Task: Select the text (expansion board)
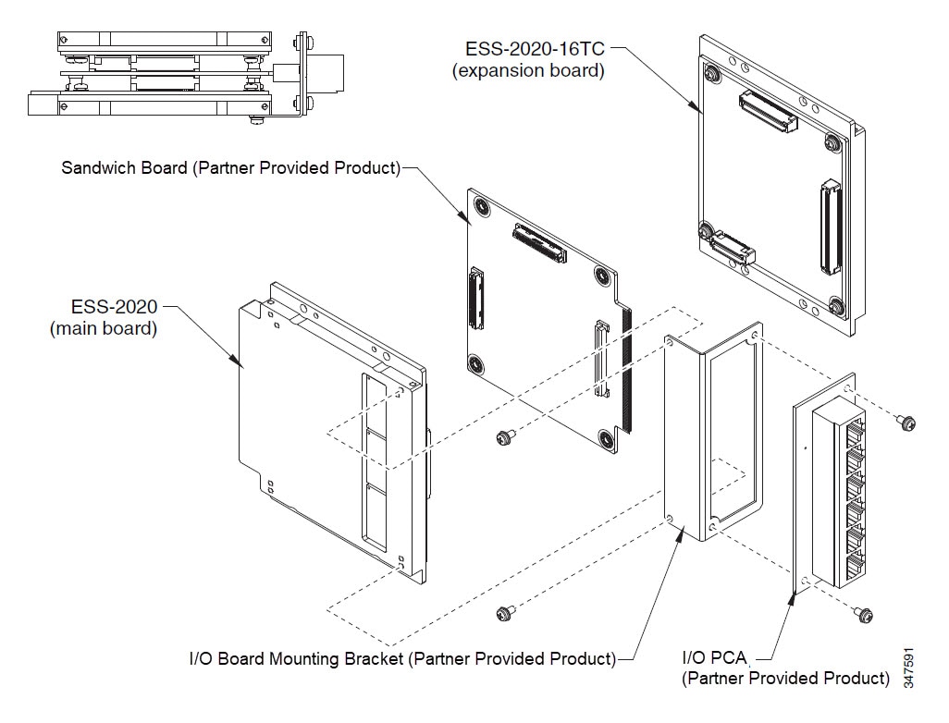[528, 71]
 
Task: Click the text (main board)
[103, 328]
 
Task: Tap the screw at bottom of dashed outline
[504, 612]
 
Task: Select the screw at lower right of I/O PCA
[865, 612]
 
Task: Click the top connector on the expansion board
[767, 111]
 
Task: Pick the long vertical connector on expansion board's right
[830, 227]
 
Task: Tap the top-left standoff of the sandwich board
[482, 208]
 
